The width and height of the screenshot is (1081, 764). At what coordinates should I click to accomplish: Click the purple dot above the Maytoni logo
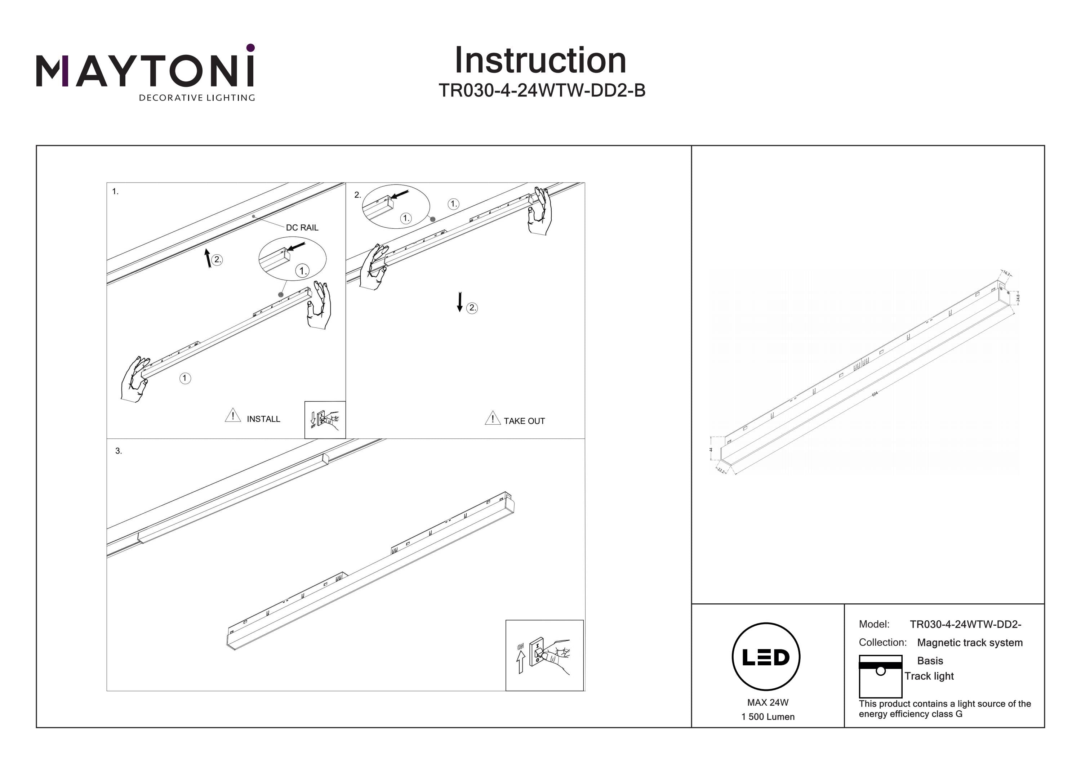click(x=250, y=48)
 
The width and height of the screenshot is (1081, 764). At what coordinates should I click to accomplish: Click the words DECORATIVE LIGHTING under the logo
click(x=197, y=98)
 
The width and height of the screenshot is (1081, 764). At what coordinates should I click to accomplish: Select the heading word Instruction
click(x=540, y=61)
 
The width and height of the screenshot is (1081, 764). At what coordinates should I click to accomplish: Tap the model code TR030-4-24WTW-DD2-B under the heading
click(x=542, y=90)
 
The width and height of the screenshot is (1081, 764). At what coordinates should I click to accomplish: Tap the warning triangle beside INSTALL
click(x=232, y=416)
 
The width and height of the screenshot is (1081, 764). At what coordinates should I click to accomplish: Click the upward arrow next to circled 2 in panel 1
click(x=208, y=258)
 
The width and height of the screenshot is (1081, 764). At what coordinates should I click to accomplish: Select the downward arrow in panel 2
click(x=459, y=302)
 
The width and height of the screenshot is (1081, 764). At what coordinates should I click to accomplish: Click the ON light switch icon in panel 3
click(x=544, y=655)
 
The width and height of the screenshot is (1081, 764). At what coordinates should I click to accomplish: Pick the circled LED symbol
click(x=766, y=657)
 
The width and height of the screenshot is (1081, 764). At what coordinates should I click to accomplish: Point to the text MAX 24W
click(x=768, y=703)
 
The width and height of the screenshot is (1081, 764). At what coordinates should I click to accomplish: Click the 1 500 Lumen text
click(x=768, y=717)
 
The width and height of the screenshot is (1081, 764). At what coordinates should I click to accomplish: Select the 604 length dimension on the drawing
click(x=875, y=394)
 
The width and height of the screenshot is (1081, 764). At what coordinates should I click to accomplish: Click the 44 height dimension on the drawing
click(x=711, y=450)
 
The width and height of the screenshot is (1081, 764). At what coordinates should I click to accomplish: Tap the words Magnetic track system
click(x=970, y=643)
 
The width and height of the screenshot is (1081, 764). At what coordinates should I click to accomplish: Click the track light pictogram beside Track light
click(x=880, y=676)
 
